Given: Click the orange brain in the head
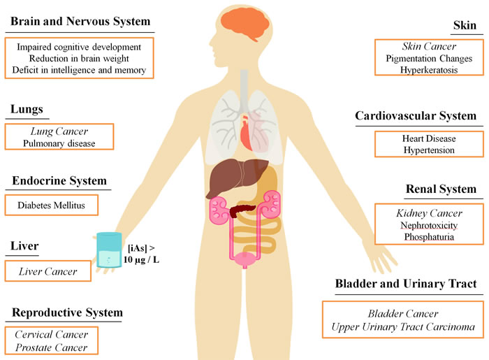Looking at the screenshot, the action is (x=245, y=24).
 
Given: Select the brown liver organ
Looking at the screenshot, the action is (x=235, y=176).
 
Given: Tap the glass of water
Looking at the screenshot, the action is (x=109, y=250).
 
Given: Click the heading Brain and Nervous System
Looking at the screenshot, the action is (x=80, y=21).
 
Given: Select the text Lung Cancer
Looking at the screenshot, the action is (x=59, y=131).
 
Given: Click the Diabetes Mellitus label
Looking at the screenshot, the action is (x=51, y=206).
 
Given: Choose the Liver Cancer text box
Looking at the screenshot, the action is (x=48, y=271).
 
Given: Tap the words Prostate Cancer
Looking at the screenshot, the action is (x=52, y=347).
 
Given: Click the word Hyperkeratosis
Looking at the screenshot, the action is (x=429, y=70).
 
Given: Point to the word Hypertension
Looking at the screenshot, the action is (x=429, y=150).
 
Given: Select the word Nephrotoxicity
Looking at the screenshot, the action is (x=429, y=225).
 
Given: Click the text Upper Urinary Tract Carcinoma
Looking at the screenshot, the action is (x=403, y=326).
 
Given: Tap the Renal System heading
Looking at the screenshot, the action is (x=441, y=189).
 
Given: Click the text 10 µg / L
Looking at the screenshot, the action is (x=141, y=259).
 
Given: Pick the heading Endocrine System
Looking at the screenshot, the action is (x=59, y=180).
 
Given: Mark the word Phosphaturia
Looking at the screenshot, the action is (x=429, y=237).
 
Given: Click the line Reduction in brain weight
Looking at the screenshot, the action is (x=79, y=58).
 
